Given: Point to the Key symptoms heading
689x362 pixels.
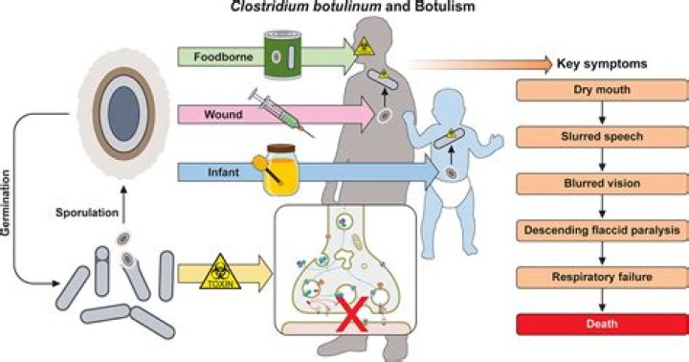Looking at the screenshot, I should pyautogui.click(x=600, y=64).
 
